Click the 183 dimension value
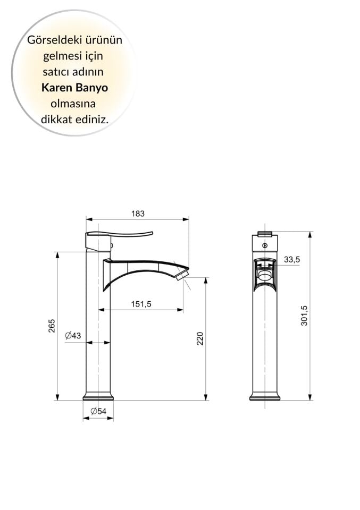point(138,214)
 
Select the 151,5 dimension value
point(141,304)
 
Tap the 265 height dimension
point(52,326)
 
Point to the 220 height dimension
point(200,338)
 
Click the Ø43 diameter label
point(73,335)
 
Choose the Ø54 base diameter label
point(98,411)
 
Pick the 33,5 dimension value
point(292,259)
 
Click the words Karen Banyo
point(74,88)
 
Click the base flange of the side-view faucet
point(98,396)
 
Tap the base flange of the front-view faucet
point(265,396)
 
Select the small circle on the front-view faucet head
point(265,245)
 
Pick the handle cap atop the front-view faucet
point(265,233)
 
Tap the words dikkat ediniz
point(74,120)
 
